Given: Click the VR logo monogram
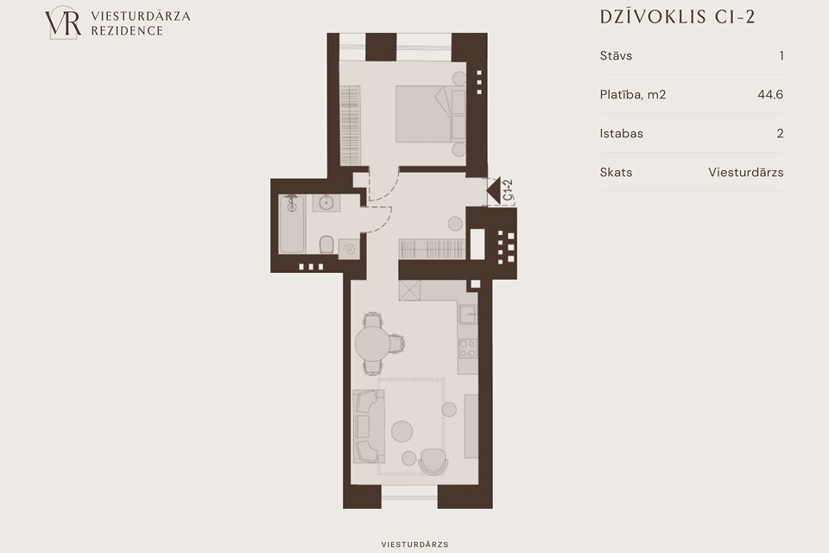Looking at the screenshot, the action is [63, 22].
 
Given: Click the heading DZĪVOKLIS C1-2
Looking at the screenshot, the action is [677, 17].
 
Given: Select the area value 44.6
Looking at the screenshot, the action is [770, 95].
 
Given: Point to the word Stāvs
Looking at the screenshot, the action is [616, 55].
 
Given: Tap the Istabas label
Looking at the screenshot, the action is [621, 133].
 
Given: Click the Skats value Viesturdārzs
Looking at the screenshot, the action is [746, 173].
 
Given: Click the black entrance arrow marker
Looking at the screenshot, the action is [493, 190].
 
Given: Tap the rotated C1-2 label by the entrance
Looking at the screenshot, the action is [508, 190].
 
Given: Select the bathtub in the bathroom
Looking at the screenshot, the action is [292, 224].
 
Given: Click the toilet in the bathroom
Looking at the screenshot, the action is [326, 245].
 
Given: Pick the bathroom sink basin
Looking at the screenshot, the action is [326, 203].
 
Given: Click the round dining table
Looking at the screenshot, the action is [373, 344].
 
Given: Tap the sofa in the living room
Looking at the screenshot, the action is [369, 426].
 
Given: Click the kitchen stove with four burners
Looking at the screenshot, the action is [467, 349].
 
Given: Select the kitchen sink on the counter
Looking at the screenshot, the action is [468, 315].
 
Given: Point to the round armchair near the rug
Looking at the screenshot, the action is [433, 462].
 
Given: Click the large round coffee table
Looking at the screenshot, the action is [402, 431].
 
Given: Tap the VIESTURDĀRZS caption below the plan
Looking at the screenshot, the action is [414, 544].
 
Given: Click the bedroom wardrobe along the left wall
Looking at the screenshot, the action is [350, 125].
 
